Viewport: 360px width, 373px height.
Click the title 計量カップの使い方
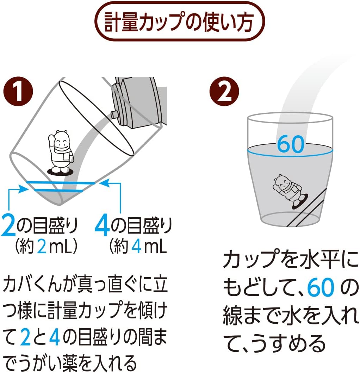pos(180,22)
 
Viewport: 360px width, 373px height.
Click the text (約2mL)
pos(46,248)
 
